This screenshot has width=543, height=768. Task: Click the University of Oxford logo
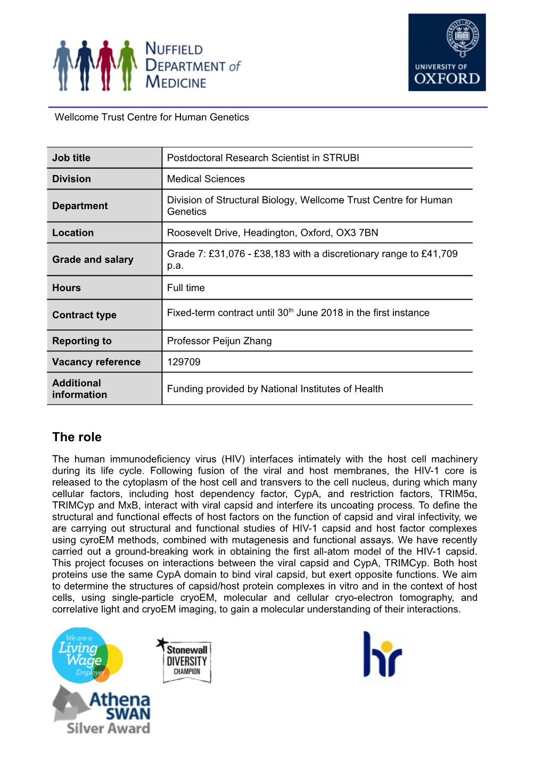(447, 52)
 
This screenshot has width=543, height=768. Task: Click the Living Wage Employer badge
(87, 655)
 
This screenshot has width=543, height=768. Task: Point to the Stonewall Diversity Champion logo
(186, 660)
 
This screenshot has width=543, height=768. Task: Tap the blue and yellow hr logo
(382, 655)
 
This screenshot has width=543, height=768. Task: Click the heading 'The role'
(77, 437)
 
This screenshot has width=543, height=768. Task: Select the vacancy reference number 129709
(184, 362)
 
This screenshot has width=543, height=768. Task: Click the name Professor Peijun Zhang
(219, 341)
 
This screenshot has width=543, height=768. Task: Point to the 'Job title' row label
(71, 158)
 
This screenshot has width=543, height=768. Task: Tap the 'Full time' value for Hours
(186, 288)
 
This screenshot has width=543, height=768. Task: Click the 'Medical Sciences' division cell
(206, 179)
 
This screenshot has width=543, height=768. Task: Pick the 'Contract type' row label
(84, 315)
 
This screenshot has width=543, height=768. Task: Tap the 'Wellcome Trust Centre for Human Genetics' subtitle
(152, 117)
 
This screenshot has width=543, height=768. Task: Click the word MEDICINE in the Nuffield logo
(176, 82)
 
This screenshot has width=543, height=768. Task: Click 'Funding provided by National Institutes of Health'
(275, 389)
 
